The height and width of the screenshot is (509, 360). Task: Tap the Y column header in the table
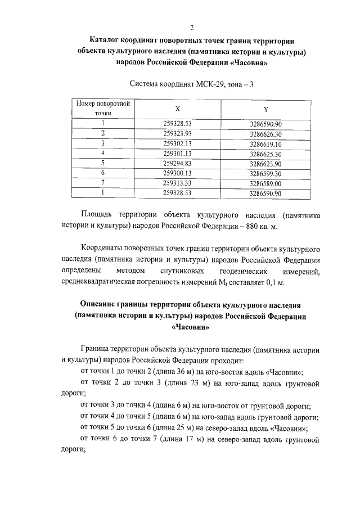(265, 109)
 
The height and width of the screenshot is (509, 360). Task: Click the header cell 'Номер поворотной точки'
(103, 109)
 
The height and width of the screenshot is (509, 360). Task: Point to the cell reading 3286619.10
(265, 143)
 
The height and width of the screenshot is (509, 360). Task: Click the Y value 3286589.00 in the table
(265, 183)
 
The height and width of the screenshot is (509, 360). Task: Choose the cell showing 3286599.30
(265, 173)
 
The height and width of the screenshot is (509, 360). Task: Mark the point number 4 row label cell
(103, 153)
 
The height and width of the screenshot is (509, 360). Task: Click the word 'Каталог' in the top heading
(107, 40)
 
